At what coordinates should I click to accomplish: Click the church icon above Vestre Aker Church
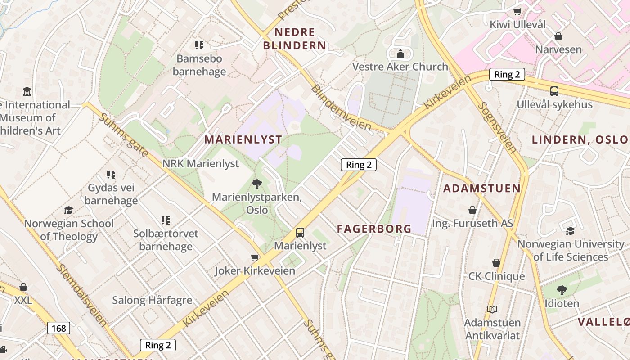(x=400, y=54)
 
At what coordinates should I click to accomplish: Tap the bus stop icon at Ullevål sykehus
(x=554, y=91)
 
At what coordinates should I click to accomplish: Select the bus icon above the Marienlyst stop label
(x=300, y=233)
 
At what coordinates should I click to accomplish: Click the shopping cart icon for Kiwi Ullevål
(x=517, y=11)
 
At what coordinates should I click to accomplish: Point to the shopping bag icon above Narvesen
(x=558, y=36)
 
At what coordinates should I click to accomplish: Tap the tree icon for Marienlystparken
(x=257, y=184)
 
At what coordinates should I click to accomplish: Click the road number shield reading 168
(x=58, y=328)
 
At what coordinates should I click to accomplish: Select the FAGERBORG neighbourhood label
(x=374, y=229)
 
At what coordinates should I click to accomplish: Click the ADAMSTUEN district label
(x=482, y=188)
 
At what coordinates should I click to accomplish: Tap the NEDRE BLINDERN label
(x=295, y=39)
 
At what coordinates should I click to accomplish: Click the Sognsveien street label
(x=496, y=127)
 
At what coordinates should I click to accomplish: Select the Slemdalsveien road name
(x=82, y=295)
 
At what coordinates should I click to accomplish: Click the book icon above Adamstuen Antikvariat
(x=492, y=309)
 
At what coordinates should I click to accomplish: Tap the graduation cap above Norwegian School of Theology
(x=68, y=210)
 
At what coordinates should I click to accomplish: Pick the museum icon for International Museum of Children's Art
(x=27, y=92)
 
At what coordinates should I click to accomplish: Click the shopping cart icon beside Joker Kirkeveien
(x=255, y=257)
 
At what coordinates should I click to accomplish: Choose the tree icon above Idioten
(x=562, y=290)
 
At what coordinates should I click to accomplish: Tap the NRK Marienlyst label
(x=201, y=163)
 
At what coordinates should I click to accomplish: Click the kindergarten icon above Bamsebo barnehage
(x=199, y=45)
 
